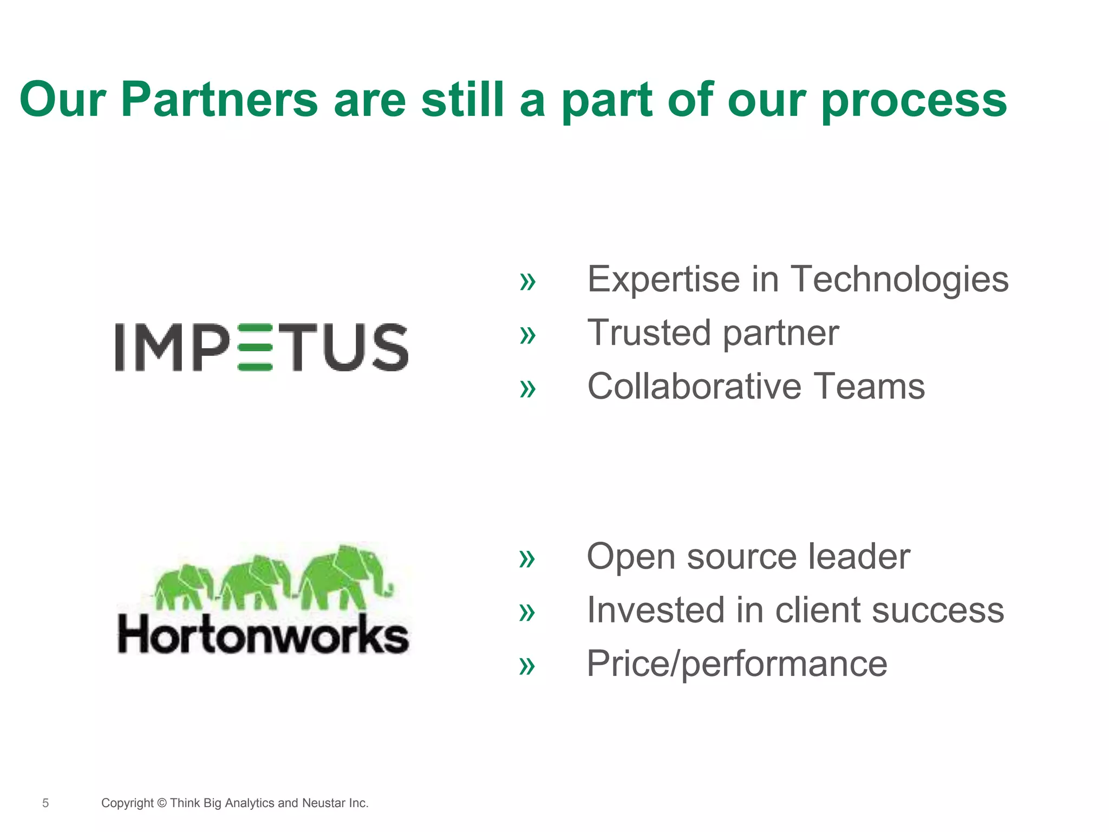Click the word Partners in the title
[219, 100]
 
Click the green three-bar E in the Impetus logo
[255, 348]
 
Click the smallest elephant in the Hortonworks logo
[183, 587]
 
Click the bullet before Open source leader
[527, 559]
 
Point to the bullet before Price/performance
[527, 666]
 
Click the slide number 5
[45, 803]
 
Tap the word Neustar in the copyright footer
[323, 803]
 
